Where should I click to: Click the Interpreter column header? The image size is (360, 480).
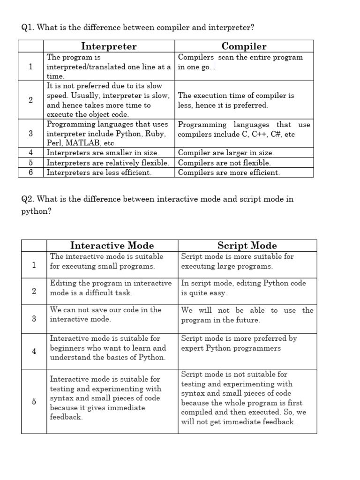tap(109, 46)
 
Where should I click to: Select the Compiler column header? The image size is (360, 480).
tap(244, 46)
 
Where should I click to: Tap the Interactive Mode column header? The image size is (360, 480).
tap(112, 246)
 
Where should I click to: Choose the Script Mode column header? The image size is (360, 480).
tap(247, 246)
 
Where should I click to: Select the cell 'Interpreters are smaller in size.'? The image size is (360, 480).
tap(103, 153)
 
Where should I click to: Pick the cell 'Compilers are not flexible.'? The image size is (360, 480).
tap(224, 163)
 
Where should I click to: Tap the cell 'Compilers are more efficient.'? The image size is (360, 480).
tap(229, 172)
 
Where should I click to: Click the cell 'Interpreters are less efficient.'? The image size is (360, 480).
tap(99, 172)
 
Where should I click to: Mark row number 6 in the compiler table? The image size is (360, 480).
tap(30, 172)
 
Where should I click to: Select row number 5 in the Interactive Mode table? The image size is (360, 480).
tap(34, 402)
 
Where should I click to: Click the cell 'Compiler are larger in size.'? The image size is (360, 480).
tap(226, 153)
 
